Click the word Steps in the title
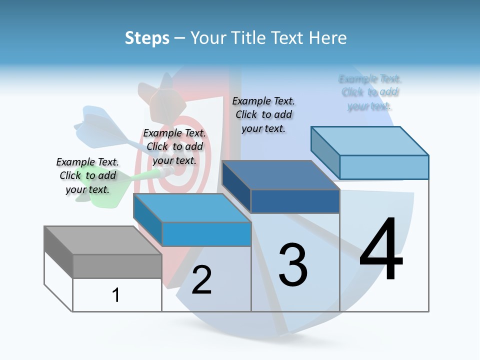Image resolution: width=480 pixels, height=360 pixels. pyautogui.click(x=147, y=38)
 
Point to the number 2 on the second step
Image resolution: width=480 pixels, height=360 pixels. pyautogui.click(x=201, y=280)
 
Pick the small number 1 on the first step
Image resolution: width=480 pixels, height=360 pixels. pyautogui.click(x=116, y=295)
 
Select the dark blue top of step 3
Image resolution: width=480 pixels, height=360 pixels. pyautogui.click(x=280, y=175)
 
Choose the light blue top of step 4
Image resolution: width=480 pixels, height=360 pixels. pyautogui.click(x=370, y=141)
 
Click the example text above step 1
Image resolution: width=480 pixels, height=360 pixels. pyautogui.click(x=87, y=175)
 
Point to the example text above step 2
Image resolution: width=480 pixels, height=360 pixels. pyautogui.click(x=174, y=146)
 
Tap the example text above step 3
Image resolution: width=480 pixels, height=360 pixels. pyautogui.click(x=263, y=114)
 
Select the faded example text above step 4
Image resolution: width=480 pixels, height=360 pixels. pyautogui.click(x=370, y=92)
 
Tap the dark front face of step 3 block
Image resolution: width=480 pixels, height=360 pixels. pyautogui.click(x=295, y=201)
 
